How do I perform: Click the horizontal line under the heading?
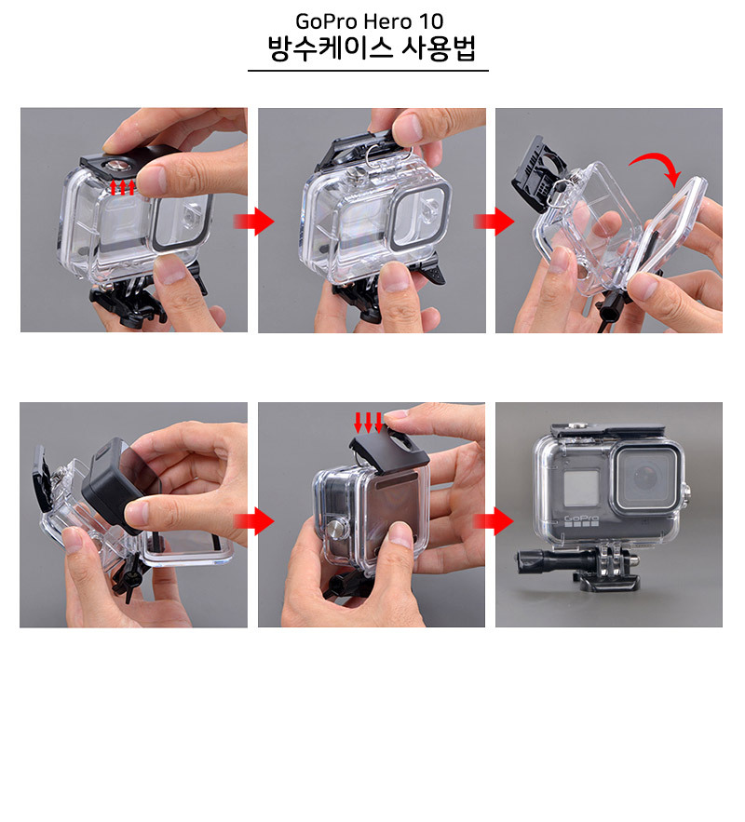368,71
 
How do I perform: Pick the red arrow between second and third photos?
492,221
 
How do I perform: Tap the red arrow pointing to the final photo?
492,520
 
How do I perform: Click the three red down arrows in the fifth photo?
369,422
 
